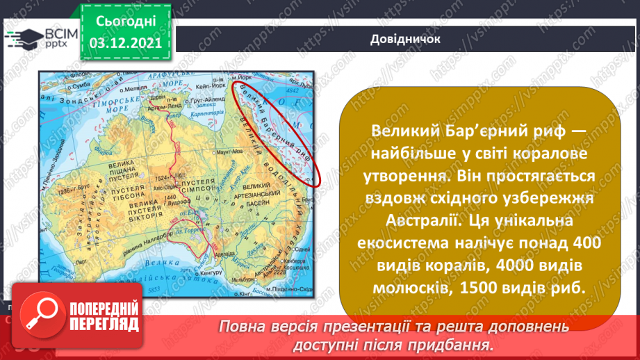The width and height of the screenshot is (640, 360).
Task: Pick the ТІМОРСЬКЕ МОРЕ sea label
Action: tap(111, 99)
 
